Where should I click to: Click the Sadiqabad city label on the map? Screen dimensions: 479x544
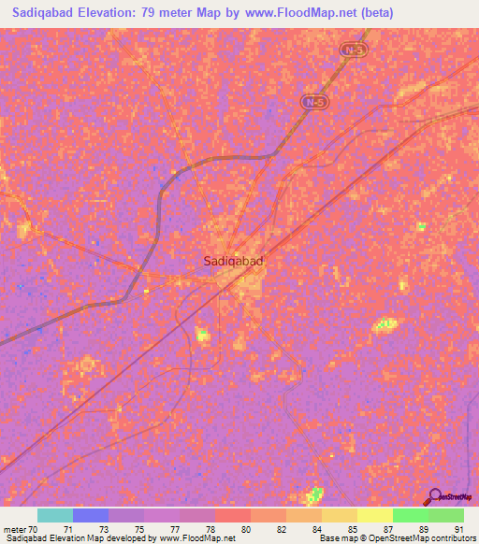click(233, 263)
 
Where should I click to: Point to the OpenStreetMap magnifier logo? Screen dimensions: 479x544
click(434, 496)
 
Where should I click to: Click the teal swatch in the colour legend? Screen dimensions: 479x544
click(55, 515)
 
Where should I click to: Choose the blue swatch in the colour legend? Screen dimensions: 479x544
click(91, 515)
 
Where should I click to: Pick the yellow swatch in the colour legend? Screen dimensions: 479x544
click(374, 515)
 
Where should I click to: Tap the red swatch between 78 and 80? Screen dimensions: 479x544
click(233, 515)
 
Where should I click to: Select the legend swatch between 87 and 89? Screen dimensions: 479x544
click(410, 515)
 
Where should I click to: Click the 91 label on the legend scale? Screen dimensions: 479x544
click(458, 528)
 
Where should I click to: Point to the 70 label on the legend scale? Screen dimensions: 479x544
click(36, 528)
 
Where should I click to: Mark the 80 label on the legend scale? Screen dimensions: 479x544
click(245, 528)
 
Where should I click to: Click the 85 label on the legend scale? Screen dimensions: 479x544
click(352, 528)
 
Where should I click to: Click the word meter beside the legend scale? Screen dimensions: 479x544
click(14, 528)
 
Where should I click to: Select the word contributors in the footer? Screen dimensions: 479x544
click(456, 539)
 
